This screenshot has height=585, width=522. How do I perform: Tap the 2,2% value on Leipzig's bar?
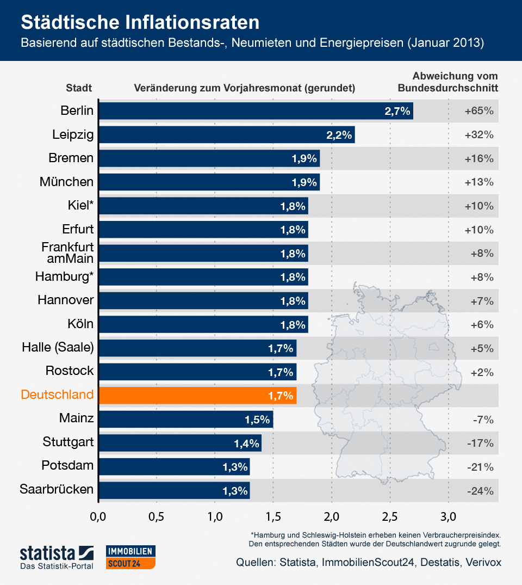pos(339,135)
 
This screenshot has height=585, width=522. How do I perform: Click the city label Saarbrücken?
pos(57,489)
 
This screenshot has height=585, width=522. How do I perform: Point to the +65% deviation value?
pos(479,111)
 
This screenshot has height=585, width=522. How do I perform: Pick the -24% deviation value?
pos(480,491)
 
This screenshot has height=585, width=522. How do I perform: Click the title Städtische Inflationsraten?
pos(140,22)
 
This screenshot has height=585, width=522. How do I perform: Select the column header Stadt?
pos(78,88)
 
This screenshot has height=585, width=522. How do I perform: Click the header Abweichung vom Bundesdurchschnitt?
pos(448,82)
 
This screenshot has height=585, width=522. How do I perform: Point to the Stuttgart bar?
pos(179,442)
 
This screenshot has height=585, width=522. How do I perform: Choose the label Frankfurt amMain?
pos(67,253)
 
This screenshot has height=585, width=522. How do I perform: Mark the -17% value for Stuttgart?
pos(480,443)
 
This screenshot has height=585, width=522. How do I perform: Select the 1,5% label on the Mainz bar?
pos(257,419)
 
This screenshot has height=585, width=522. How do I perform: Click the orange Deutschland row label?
pos(57,395)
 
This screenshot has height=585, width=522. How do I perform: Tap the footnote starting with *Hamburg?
pos(375,539)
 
